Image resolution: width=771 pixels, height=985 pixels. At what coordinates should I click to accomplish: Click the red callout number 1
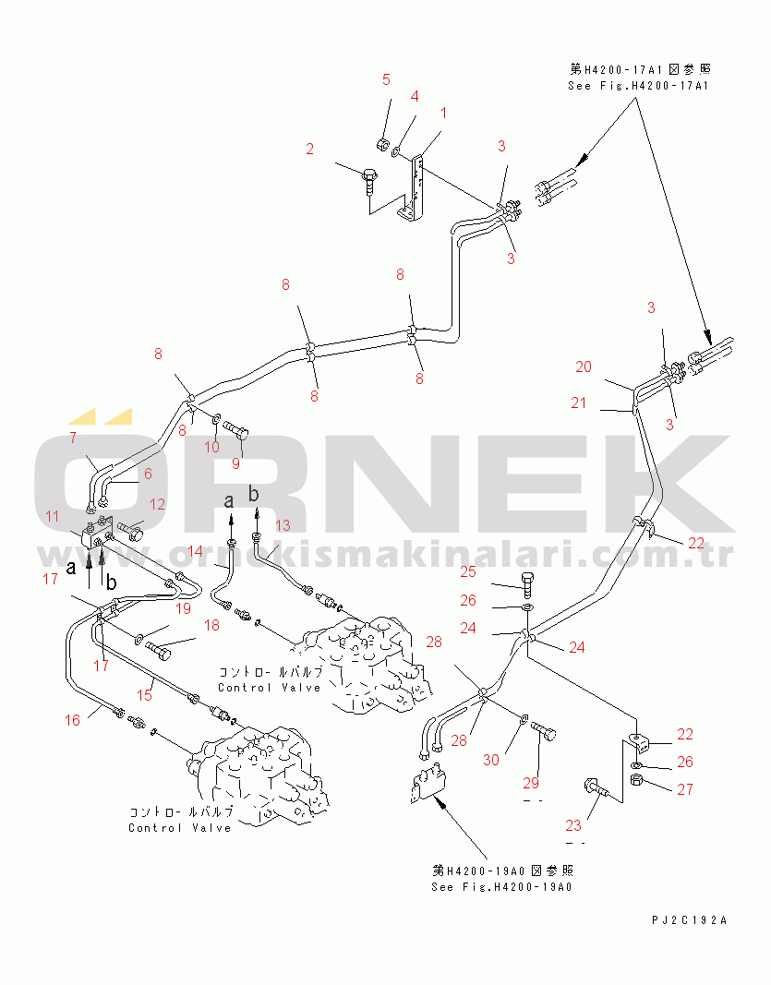click(443, 114)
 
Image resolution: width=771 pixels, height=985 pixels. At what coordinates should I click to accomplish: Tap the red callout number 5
click(387, 79)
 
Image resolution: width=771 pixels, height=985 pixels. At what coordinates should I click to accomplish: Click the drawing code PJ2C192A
click(689, 920)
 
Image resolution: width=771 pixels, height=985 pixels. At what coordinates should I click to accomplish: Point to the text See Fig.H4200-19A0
click(502, 887)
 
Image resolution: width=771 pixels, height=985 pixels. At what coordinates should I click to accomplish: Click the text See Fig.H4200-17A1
click(638, 86)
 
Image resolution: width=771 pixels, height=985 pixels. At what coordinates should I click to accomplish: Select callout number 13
click(283, 525)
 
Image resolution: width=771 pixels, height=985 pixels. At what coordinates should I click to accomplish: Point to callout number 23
click(574, 825)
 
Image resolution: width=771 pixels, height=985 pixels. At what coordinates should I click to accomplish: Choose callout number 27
click(683, 789)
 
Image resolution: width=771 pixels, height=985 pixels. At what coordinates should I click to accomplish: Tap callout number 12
click(158, 504)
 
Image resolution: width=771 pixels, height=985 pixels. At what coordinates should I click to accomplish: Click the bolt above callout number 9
click(239, 430)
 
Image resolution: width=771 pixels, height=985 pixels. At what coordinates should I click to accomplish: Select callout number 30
click(491, 760)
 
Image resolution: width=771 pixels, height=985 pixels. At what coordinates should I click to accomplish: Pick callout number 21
click(578, 402)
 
